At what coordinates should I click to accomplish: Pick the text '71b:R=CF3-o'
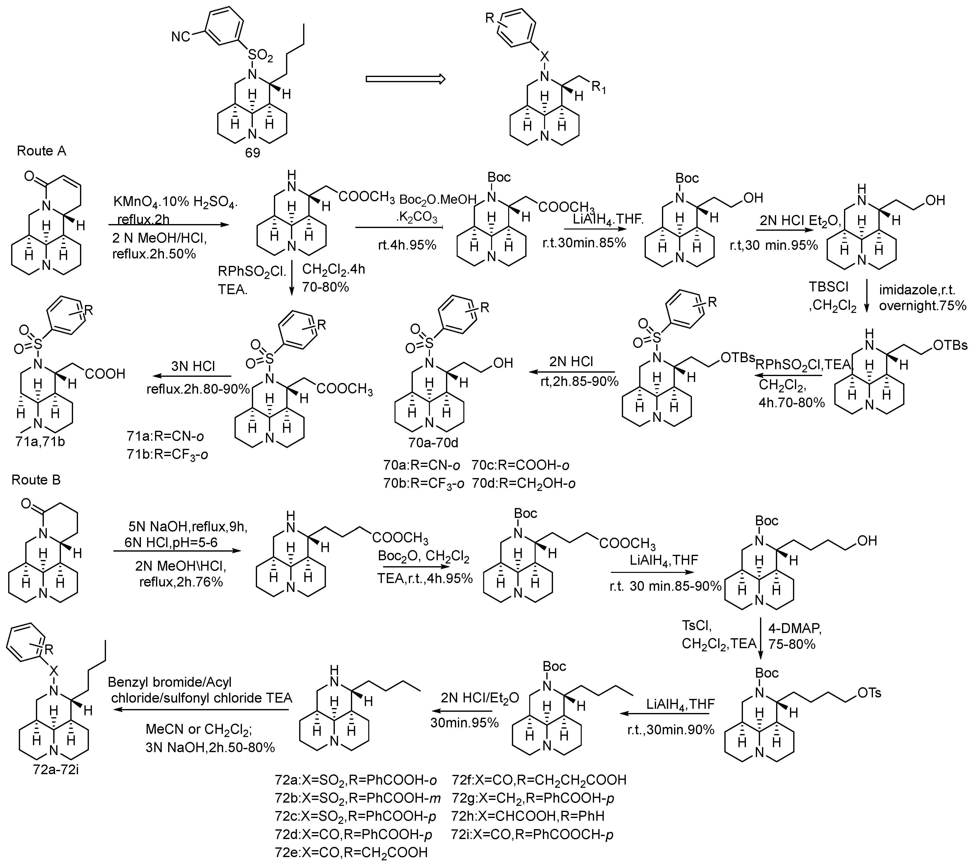[168, 454]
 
